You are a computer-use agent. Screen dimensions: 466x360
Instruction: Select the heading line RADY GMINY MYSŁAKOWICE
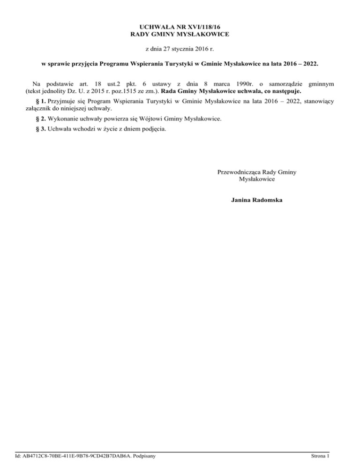click(180, 35)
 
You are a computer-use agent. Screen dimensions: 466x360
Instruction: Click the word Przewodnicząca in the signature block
click(239, 172)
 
